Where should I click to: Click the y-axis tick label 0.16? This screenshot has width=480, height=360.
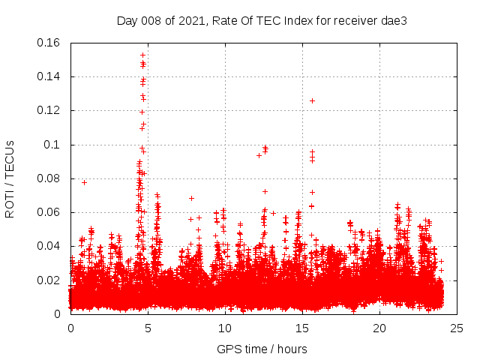49,43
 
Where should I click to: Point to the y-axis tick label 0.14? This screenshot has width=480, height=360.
49,76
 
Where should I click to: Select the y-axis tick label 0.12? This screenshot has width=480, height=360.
49,110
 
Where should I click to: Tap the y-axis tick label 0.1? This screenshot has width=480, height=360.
52,145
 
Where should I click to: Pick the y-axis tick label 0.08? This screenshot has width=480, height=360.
49,178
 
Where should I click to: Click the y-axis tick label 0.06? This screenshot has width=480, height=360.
49,212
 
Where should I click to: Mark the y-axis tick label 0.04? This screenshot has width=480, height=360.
49,246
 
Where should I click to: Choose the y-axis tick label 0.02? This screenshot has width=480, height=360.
49,280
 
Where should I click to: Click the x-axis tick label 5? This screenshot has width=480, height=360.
148,328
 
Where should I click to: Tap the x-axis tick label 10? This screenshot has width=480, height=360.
224,328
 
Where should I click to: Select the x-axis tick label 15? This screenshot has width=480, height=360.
301,328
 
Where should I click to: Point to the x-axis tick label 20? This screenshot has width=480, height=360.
379,328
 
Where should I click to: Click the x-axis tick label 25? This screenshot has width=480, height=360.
456,328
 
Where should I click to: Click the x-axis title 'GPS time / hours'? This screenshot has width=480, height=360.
262,349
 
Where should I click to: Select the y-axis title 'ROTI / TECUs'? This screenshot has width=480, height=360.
10,178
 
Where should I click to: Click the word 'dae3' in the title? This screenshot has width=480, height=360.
393,20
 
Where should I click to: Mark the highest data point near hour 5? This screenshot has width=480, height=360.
142,55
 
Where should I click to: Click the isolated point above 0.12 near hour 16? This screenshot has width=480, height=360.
312,100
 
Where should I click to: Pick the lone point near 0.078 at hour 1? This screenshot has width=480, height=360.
84,182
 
